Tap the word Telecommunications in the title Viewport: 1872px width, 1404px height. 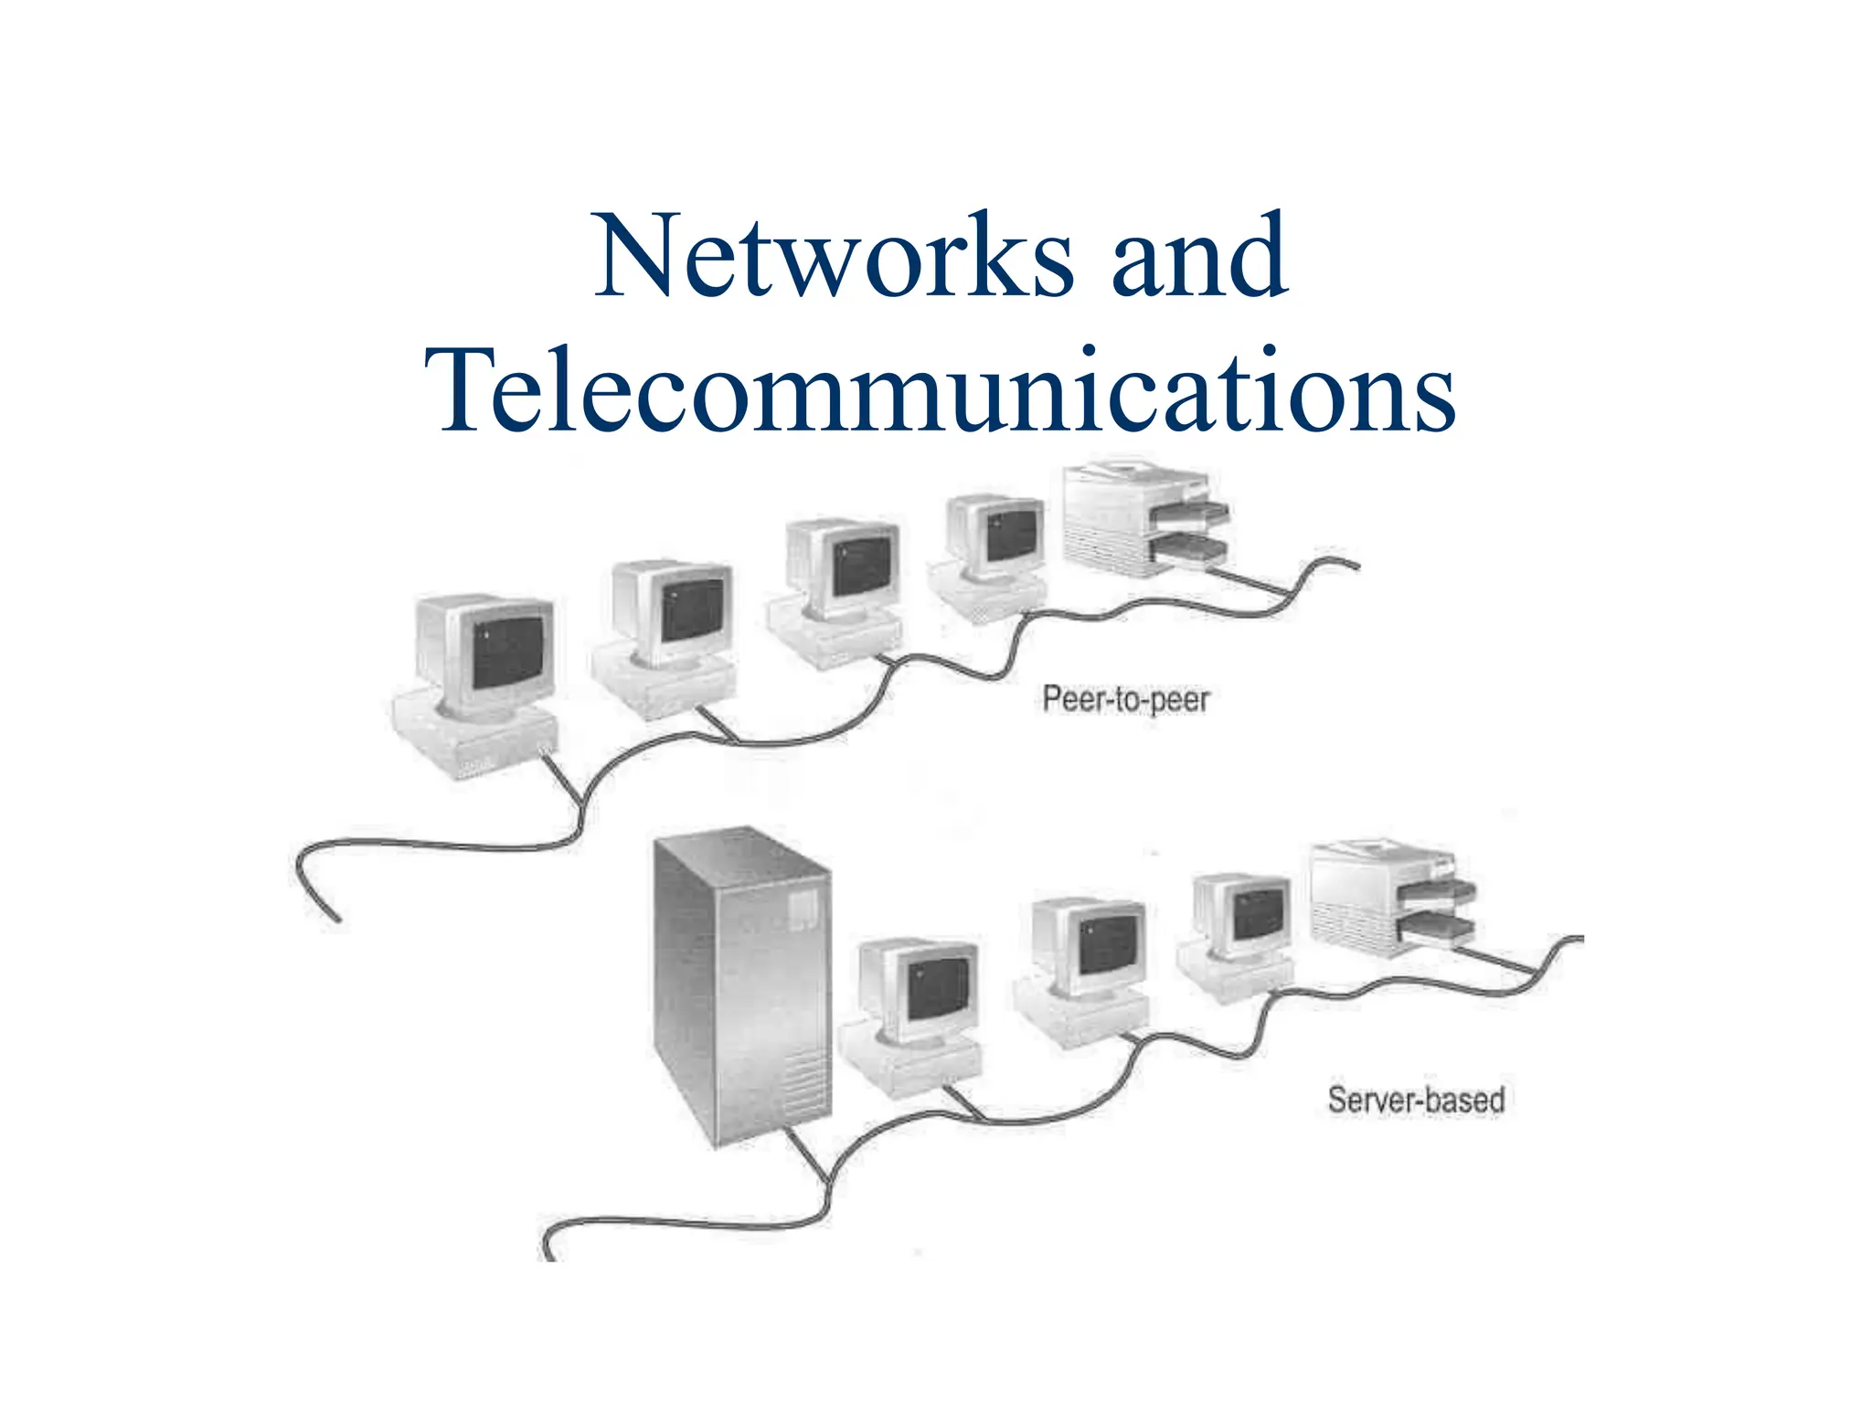940,390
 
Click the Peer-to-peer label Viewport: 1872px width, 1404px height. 1125,700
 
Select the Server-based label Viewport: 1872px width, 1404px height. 1416,1100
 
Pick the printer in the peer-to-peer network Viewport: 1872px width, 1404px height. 1143,521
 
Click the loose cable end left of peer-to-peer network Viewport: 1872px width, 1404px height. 336,918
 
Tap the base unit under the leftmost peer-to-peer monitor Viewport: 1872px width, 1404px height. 475,737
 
